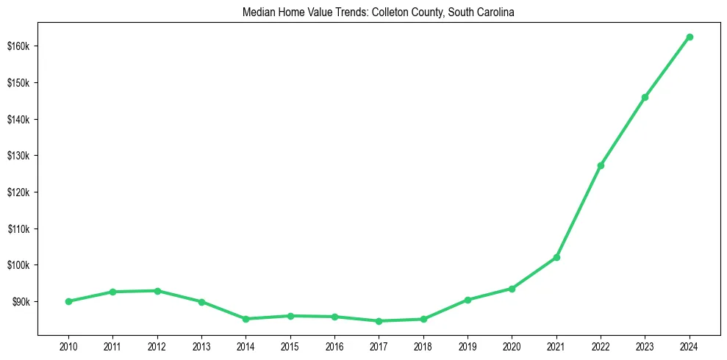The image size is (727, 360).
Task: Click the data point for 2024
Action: tap(690, 37)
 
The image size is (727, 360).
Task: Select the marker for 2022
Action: tap(601, 165)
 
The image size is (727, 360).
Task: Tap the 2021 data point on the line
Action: tap(556, 257)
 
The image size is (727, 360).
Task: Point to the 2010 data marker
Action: tap(68, 301)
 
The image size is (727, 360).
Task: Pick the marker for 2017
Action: tap(379, 321)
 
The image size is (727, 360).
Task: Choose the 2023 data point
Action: tap(645, 97)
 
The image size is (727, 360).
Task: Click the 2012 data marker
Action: tap(157, 291)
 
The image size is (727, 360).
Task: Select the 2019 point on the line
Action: tap(468, 300)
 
